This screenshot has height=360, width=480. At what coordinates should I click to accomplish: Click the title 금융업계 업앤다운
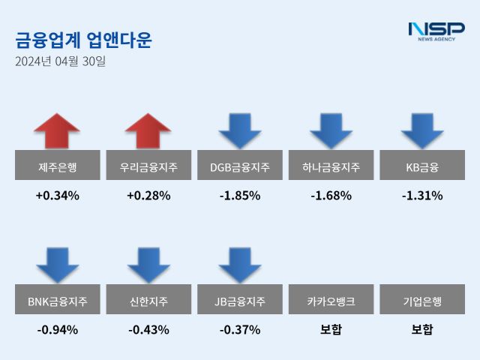83,40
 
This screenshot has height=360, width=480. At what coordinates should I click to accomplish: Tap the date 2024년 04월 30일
60,61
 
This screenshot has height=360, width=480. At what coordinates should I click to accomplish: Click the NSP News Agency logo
436,31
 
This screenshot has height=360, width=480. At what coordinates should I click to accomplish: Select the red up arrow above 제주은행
57,130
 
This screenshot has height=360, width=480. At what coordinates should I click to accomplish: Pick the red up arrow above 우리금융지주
148,130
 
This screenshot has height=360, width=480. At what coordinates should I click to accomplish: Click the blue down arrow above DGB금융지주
240,130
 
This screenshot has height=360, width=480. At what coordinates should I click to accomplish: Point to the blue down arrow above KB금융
422,130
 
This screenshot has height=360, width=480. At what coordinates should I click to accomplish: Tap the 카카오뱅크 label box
331,302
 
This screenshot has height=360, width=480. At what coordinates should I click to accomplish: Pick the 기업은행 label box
422,302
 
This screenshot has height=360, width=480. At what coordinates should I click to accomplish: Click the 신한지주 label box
148,302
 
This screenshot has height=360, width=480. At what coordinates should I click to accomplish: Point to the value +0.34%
57,196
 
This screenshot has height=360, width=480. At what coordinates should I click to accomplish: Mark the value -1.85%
240,196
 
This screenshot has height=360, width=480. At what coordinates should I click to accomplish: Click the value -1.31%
422,196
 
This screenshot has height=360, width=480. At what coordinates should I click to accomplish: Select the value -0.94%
57,329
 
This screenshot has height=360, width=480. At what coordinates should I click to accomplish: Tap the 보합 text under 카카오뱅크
331,329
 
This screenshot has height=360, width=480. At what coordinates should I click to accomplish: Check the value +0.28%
148,196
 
